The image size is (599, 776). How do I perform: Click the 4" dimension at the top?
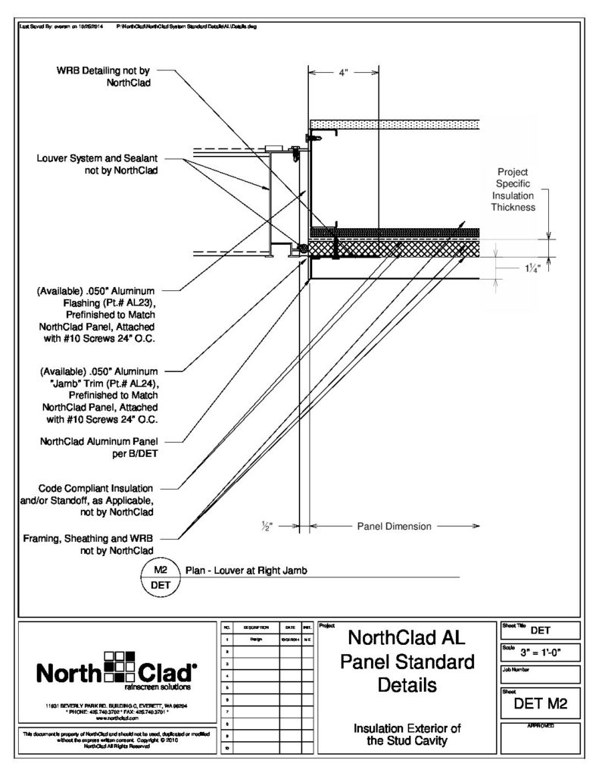(342, 74)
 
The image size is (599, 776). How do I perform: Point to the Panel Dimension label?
(394, 526)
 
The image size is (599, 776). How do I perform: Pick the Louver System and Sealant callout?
(96, 164)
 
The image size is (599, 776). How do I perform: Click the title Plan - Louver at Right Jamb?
(244, 569)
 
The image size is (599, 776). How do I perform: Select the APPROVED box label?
(541, 727)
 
